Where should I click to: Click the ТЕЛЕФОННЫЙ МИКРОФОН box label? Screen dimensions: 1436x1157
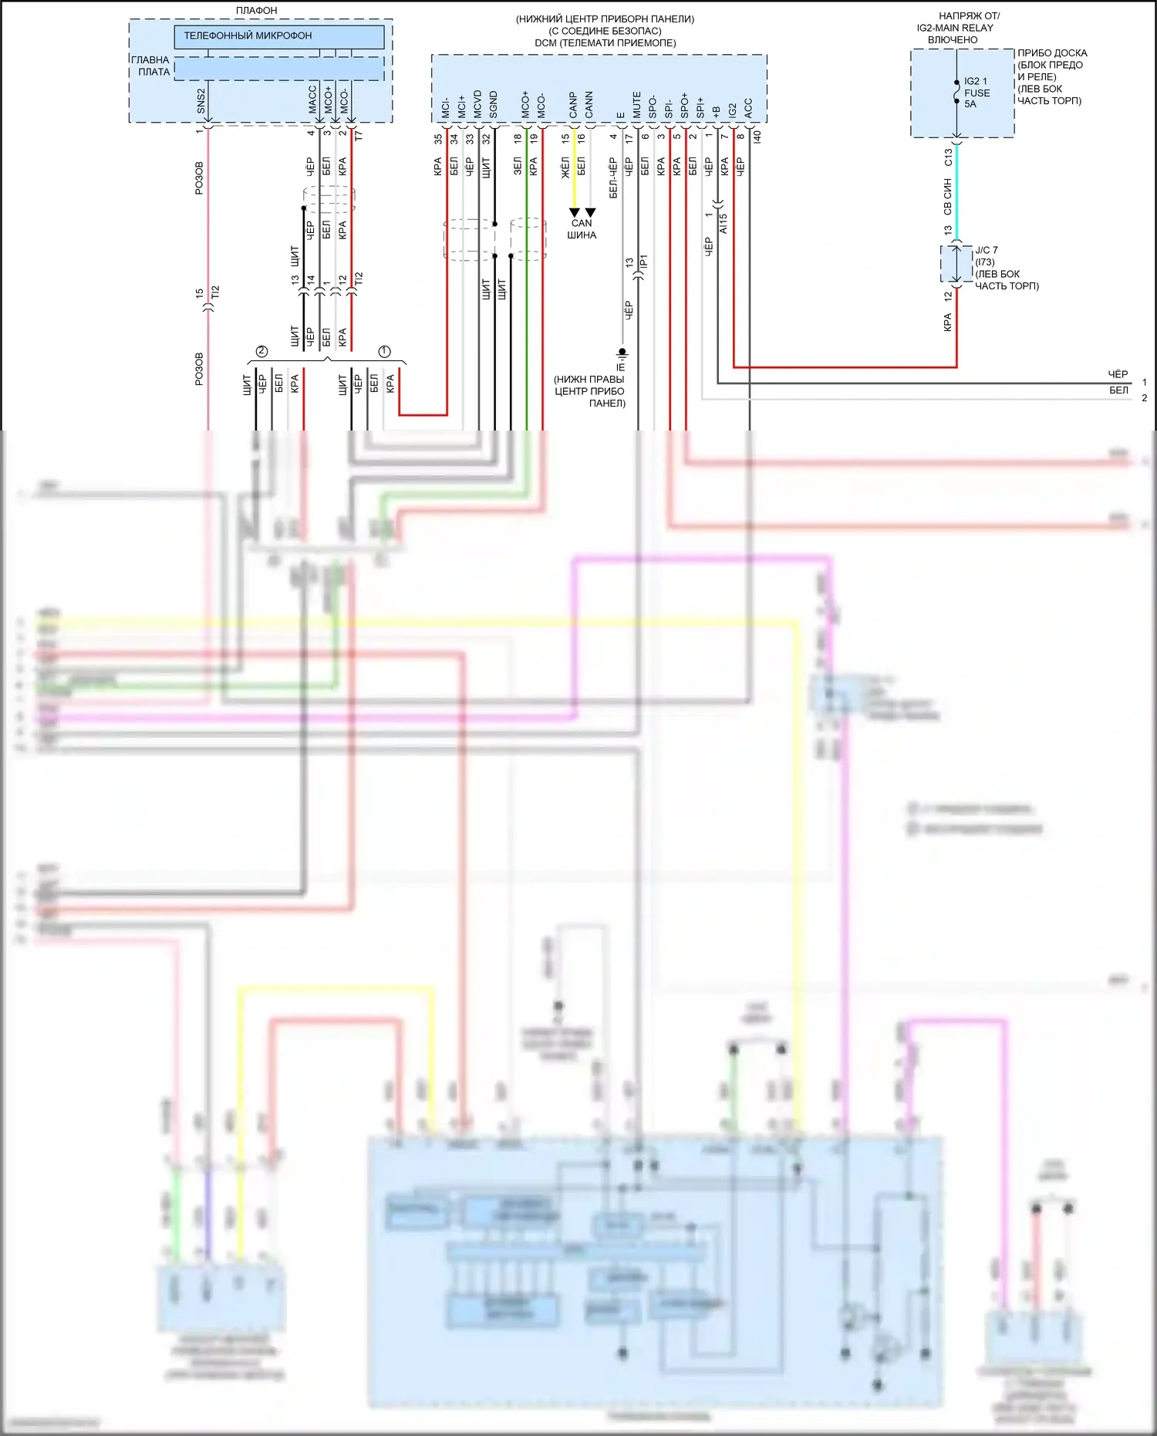point(248,35)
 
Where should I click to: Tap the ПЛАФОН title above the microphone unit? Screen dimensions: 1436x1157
point(257,10)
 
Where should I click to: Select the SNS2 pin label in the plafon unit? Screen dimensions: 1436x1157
point(201,100)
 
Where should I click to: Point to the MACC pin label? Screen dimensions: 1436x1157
point(312,100)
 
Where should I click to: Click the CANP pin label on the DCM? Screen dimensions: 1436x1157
point(573,105)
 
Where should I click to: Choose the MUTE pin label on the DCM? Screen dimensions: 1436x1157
point(637,105)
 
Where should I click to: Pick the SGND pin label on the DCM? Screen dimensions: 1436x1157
point(494,105)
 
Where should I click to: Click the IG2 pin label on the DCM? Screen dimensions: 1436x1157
point(733,110)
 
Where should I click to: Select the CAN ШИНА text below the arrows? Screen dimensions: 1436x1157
point(582,229)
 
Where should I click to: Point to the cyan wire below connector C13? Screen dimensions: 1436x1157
point(957,193)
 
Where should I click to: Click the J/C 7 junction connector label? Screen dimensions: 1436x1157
point(987,250)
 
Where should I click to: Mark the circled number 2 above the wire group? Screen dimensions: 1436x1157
point(261,351)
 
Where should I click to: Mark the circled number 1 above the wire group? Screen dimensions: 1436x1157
point(384,351)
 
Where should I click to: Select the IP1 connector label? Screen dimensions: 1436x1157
point(644,262)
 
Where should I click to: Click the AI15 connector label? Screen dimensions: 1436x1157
point(724,224)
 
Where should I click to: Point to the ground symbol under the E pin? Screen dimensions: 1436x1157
point(622,353)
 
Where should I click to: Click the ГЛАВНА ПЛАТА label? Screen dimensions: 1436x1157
point(151,66)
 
